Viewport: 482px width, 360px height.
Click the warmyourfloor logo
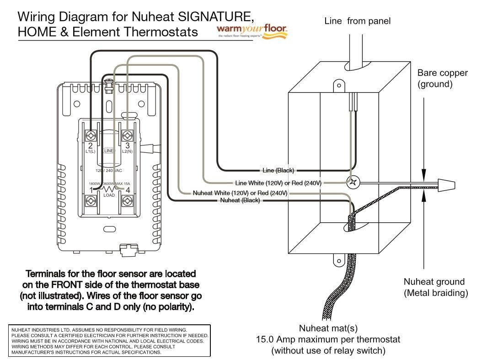click(x=252, y=31)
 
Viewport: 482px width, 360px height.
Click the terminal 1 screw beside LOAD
click(x=91, y=200)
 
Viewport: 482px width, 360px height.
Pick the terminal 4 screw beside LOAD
click(x=127, y=200)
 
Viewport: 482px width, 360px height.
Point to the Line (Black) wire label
click(x=278, y=171)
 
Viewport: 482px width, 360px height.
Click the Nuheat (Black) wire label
click(x=240, y=200)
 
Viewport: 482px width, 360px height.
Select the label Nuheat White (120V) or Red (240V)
click(x=240, y=193)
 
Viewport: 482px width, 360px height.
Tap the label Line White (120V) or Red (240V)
click(x=278, y=183)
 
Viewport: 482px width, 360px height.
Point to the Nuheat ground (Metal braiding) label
click(x=435, y=287)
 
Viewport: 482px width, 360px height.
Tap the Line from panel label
click(x=357, y=21)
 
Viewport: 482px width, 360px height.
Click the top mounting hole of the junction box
click(x=338, y=85)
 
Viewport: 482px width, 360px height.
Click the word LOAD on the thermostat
click(x=109, y=195)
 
